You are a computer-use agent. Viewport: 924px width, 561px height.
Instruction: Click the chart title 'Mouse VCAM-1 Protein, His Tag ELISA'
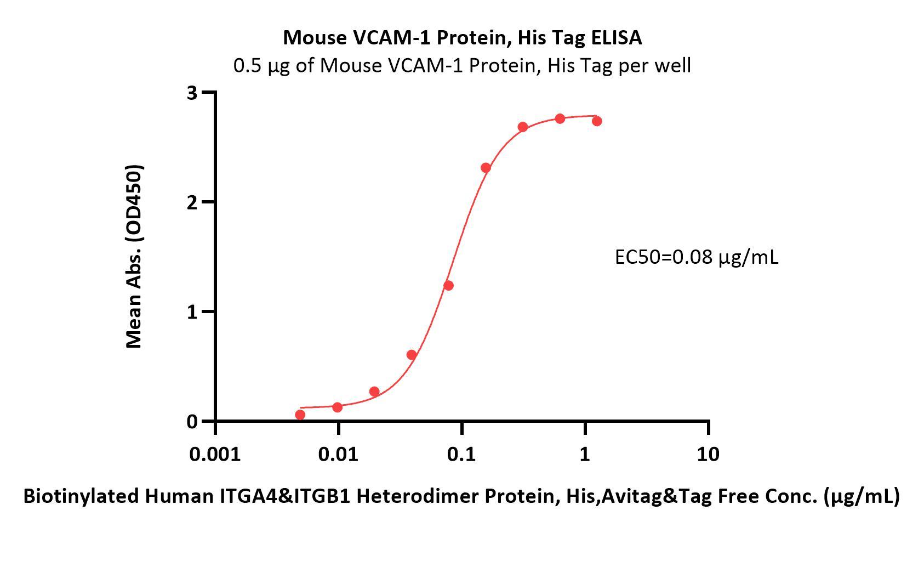click(462, 37)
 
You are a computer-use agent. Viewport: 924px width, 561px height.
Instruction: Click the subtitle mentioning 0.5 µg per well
click(462, 65)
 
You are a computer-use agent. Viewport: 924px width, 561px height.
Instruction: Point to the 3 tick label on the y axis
click(191, 93)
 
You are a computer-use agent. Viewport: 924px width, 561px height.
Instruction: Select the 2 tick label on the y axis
click(191, 202)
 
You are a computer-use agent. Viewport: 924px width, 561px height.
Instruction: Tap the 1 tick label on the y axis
click(191, 311)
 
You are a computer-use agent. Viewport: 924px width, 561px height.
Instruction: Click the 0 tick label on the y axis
click(191, 421)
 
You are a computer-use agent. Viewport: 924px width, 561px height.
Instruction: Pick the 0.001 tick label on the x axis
click(215, 454)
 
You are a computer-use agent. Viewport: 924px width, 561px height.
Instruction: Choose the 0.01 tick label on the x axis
click(339, 454)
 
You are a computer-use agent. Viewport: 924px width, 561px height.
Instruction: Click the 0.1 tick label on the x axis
click(461, 454)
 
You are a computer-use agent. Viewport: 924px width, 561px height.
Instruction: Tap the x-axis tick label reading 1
click(585, 454)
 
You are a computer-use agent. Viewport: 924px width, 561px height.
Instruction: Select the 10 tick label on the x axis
click(708, 454)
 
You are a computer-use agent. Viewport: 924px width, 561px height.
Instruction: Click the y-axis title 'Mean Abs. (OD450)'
click(134, 256)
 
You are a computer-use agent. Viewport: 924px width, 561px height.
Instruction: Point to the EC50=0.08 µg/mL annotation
click(696, 257)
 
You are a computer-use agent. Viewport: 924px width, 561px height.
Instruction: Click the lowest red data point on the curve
click(300, 415)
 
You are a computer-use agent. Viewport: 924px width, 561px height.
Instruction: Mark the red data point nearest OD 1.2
click(448, 285)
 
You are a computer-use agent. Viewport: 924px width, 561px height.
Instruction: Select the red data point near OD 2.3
click(486, 167)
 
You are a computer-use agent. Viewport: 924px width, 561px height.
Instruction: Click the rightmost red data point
click(597, 121)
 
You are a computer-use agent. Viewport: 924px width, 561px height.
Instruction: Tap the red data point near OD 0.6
click(412, 355)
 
